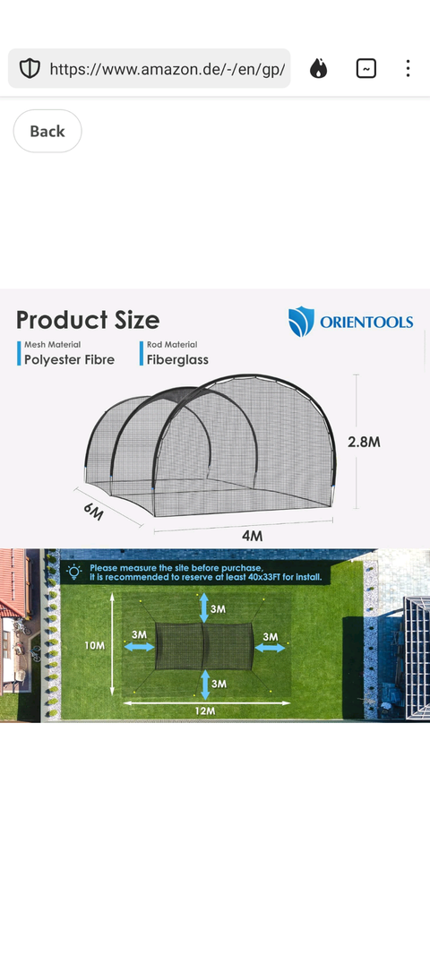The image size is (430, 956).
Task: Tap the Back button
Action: (47, 131)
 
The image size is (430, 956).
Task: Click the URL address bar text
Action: (168, 69)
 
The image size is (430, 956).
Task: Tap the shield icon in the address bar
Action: (30, 68)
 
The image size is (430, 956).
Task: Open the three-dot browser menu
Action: (408, 68)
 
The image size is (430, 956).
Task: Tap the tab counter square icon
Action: (366, 68)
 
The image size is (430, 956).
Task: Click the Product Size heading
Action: (88, 320)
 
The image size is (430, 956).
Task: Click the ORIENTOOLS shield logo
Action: (301, 322)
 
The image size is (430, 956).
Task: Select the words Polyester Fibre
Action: (70, 359)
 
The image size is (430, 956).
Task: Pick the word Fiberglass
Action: (177, 359)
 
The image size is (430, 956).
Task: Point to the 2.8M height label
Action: (364, 442)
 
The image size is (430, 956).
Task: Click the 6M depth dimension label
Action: (93, 512)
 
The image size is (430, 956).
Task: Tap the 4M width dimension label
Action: (252, 536)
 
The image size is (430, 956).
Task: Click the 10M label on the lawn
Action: (94, 645)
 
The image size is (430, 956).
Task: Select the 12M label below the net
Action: (205, 711)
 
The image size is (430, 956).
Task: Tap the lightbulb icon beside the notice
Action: (74, 572)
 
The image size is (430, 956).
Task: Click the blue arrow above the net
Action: (205, 608)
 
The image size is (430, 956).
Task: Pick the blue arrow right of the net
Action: (270, 648)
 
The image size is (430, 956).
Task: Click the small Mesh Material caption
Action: (53, 344)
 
